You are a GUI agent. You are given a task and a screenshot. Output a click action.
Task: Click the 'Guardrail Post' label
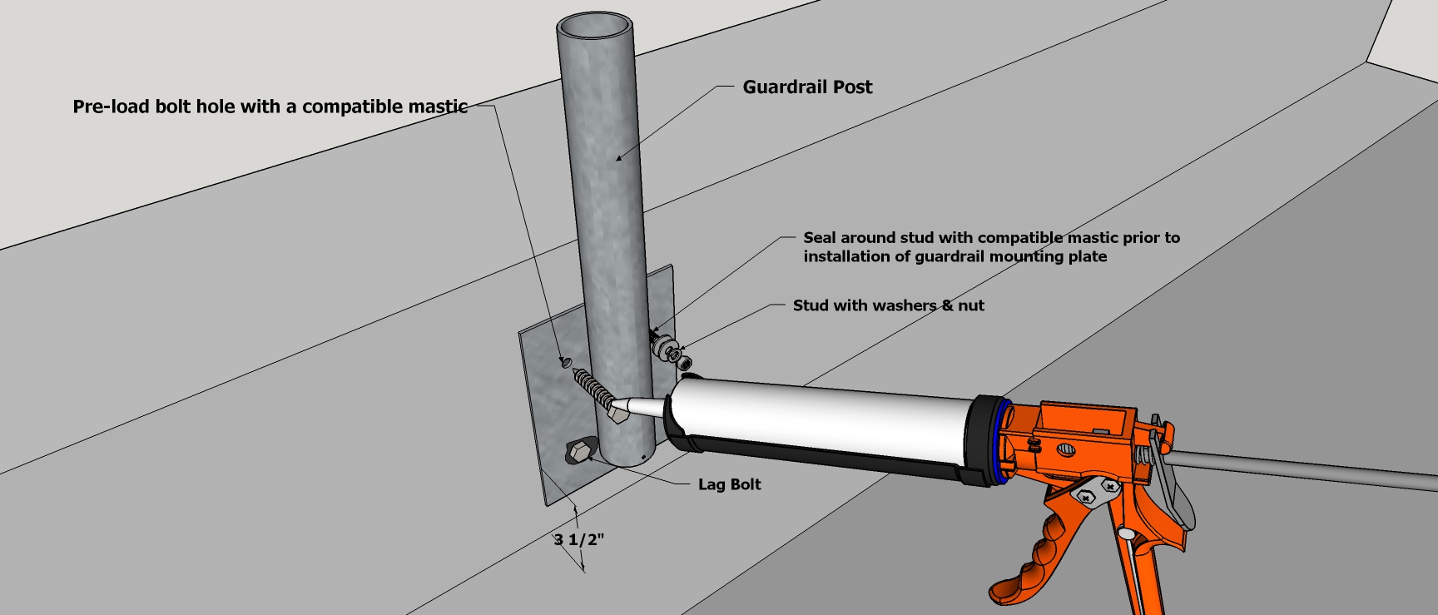(x=807, y=87)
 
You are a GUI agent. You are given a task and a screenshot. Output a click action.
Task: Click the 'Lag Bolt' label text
(x=729, y=484)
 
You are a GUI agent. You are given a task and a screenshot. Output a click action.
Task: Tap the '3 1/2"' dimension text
(x=579, y=539)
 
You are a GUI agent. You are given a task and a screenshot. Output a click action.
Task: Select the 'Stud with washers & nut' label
(x=888, y=305)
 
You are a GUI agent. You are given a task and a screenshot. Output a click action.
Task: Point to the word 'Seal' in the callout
(x=820, y=238)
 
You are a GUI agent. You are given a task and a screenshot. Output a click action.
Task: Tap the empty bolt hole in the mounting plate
(x=565, y=362)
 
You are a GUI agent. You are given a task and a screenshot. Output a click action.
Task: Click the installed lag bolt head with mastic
(x=579, y=453)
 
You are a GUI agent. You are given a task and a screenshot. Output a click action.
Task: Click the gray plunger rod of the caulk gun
(x=1298, y=470)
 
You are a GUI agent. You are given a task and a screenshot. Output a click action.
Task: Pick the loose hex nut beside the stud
(x=685, y=362)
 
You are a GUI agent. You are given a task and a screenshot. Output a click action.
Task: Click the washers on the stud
(x=665, y=348)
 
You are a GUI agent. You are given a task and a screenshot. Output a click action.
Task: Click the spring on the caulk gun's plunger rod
(x=1148, y=455)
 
